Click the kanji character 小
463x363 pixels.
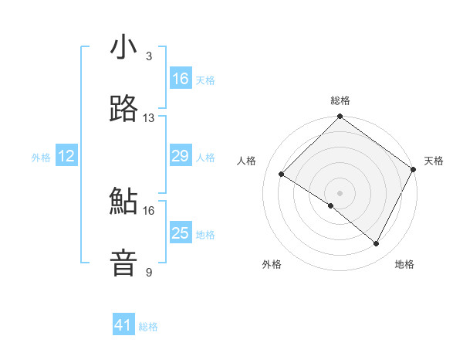[123, 47]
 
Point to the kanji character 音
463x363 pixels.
[123, 263]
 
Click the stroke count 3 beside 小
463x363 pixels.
[149, 56]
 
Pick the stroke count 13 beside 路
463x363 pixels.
[149, 118]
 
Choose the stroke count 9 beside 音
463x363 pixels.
[149, 273]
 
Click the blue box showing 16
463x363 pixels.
[180, 79]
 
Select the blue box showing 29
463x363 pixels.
[180, 156]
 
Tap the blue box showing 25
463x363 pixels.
[180, 233]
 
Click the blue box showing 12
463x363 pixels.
[66, 156]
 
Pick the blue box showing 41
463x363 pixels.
[123, 325]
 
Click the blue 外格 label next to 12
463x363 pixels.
[41, 158]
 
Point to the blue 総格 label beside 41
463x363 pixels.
[148, 327]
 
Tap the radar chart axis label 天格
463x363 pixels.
[434, 161]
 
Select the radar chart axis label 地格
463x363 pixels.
[404, 264]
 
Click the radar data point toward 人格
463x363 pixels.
[282, 174]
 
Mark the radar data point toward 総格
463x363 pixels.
[340, 117]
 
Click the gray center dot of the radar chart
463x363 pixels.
[340, 192]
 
